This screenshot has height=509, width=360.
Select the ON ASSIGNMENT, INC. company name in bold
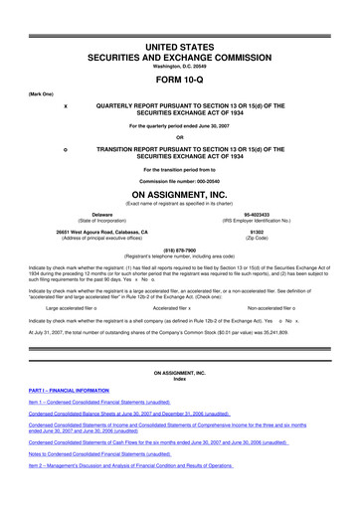tap(179, 195)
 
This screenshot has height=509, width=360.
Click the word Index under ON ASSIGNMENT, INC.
tap(179, 384)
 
